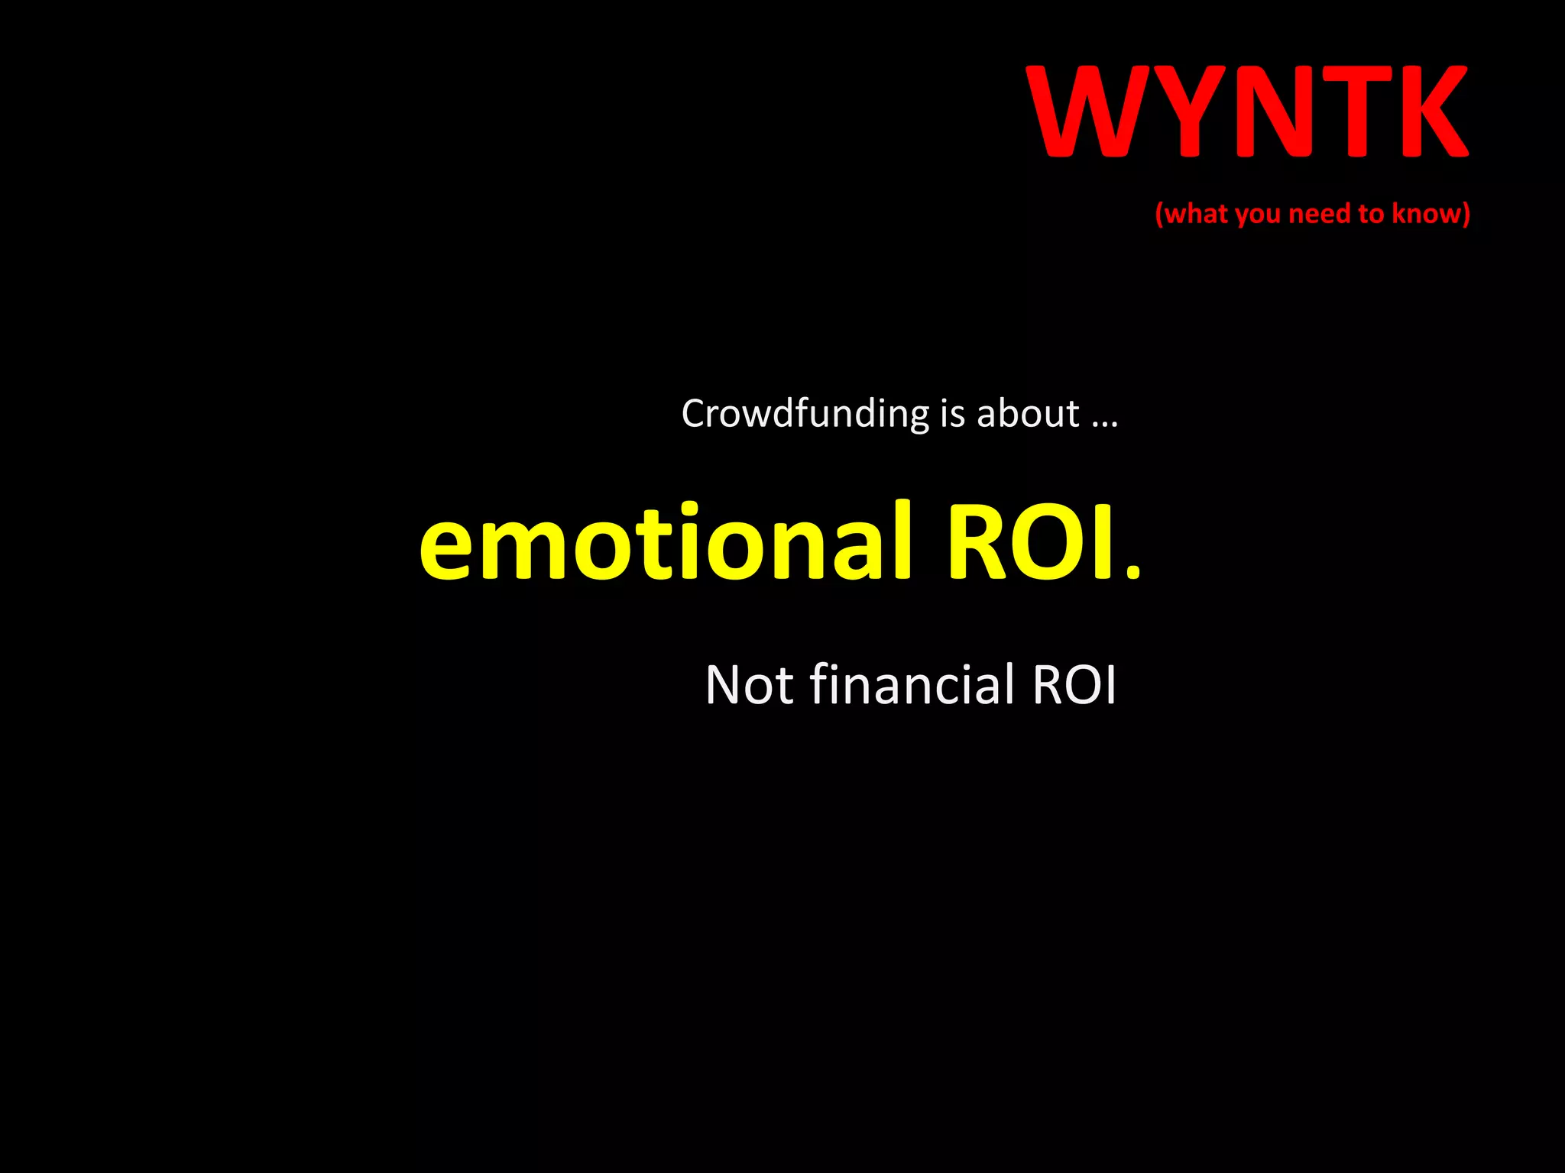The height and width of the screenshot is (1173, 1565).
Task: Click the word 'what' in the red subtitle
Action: tap(1197, 214)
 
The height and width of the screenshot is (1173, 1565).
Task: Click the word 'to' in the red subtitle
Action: tap(1371, 214)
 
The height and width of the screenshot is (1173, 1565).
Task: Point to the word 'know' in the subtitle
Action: tap(1426, 213)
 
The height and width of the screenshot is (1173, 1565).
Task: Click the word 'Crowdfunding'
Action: tap(805, 415)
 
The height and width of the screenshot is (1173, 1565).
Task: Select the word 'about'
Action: tap(1028, 413)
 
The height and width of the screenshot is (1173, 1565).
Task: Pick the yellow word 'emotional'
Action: tap(666, 541)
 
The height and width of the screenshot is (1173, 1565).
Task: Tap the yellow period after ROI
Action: tap(1133, 572)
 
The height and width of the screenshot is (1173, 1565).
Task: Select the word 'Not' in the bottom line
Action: tap(750, 684)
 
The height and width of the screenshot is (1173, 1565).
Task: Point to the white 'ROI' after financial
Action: tap(1074, 684)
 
